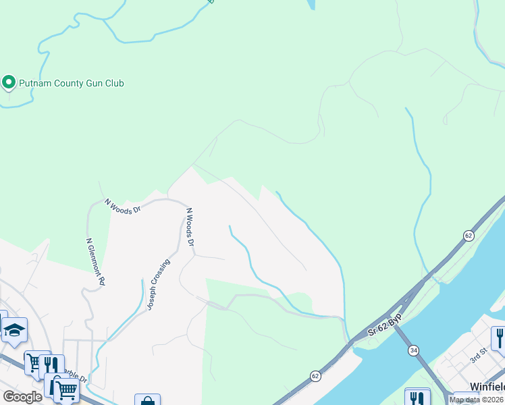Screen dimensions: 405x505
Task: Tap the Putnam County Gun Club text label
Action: click(x=71, y=83)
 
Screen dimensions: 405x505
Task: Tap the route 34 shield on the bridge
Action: click(x=413, y=350)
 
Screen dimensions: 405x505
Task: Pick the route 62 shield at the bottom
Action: click(x=315, y=375)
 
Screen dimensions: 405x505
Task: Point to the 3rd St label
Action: click(x=478, y=354)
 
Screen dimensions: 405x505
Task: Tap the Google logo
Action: click(x=22, y=396)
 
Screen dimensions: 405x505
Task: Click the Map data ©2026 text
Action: click(x=477, y=400)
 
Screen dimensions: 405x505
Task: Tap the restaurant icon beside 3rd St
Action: click(x=500, y=337)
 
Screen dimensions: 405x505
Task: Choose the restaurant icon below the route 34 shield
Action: click(x=417, y=398)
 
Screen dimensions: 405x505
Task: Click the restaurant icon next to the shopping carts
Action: click(x=51, y=365)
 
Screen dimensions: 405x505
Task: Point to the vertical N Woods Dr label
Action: click(x=190, y=227)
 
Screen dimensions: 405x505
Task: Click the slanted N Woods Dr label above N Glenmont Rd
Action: click(x=123, y=206)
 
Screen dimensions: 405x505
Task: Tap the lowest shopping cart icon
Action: click(x=65, y=389)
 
